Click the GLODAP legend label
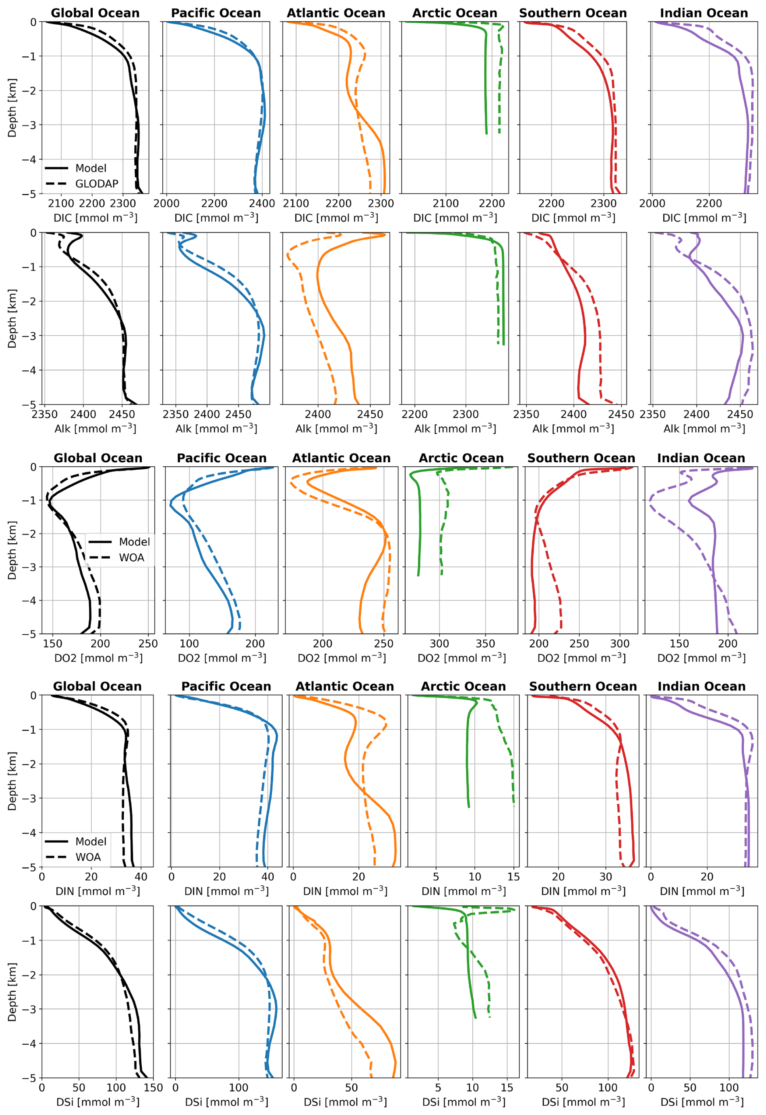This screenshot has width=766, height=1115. tap(96, 184)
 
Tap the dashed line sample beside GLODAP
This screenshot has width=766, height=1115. tap(56, 184)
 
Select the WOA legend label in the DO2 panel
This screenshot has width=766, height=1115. tap(132, 557)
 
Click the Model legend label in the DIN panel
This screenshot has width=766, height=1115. tap(91, 841)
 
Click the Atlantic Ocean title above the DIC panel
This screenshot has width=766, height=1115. tap(336, 13)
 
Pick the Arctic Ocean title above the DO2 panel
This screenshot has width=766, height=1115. tap(461, 458)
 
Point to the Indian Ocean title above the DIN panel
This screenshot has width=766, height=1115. tap(701, 686)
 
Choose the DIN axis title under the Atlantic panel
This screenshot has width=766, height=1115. tap(345, 891)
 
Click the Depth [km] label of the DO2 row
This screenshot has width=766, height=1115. tap(12, 550)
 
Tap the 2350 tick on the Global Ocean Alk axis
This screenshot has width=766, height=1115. tap(45, 414)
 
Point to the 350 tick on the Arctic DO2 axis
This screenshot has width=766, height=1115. tap(485, 643)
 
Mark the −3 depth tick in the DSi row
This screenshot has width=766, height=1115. tap(30, 1009)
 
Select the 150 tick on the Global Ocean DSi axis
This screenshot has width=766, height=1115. tap(153, 1087)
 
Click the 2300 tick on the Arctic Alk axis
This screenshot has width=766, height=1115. tap(466, 414)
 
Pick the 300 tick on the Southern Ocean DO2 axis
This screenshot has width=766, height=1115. tap(619, 643)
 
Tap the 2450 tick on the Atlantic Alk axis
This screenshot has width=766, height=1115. tap(370, 414)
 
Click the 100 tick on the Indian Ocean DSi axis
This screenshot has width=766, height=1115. tap(729, 1087)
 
